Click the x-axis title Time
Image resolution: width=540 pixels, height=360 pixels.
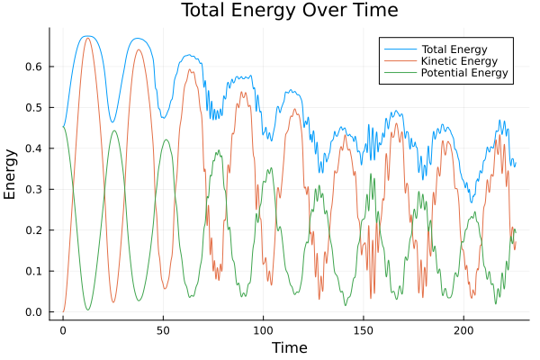pos(289,347)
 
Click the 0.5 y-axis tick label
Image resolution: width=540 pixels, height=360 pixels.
pos(33,107)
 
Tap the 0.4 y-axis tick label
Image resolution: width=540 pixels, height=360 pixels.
pos(33,148)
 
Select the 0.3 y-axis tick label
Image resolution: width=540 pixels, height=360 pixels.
pos(33,189)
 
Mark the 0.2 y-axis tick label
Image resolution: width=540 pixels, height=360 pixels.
pos(33,230)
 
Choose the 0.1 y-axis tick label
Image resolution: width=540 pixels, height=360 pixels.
pos(33,272)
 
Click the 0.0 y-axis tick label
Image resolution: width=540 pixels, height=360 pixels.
pos(33,312)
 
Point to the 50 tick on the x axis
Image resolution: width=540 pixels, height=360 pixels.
pos(163,330)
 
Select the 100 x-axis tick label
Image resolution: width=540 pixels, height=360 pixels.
pos(263,330)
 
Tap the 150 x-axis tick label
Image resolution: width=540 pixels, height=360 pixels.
pos(363,330)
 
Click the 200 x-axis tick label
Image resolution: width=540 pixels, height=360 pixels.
pos(463,330)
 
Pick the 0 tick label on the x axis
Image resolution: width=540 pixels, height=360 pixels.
pos(63,330)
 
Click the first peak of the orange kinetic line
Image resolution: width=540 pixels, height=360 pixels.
pos(87,38)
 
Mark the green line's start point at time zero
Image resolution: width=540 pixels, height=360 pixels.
pos(63,126)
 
